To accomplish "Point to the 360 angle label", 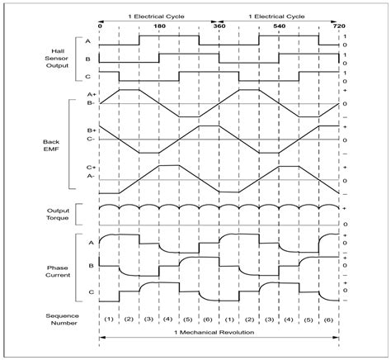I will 219,25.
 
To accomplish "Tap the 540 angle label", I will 279,25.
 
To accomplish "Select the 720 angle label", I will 338,25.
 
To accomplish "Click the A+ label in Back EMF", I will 91,95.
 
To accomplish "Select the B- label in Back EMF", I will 91,103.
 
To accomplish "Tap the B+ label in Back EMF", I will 91,130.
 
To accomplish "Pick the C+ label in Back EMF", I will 91,168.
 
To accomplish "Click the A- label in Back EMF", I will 91,176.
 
